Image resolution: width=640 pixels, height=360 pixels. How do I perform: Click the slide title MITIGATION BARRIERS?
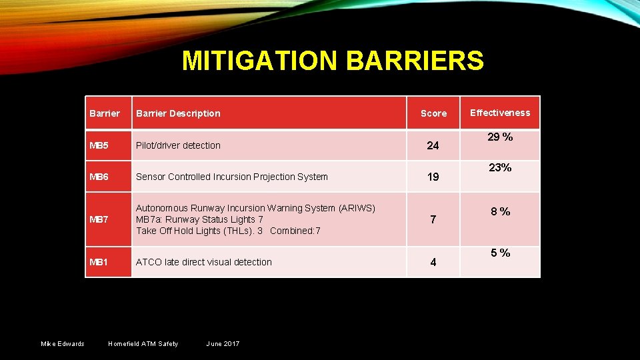(333, 61)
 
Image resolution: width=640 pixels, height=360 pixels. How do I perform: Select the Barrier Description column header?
(178, 113)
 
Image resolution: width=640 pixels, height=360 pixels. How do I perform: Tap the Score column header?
(433, 113)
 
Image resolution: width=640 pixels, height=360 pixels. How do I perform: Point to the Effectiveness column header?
(500, 113)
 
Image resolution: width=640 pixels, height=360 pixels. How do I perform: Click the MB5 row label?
(100, 145)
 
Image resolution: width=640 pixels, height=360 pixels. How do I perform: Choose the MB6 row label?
(100, 177)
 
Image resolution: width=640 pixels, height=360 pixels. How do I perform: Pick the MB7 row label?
(100, 219)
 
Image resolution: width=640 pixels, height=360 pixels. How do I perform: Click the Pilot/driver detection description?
(178, 145)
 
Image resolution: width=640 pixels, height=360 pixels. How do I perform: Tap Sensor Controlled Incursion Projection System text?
(232, 177)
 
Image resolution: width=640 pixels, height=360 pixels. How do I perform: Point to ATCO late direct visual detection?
(204, 262)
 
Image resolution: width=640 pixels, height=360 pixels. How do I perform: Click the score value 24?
(433, 145)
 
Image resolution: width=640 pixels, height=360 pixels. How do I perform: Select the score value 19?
(433, 177)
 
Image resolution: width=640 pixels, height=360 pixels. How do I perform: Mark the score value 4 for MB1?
(433, 263)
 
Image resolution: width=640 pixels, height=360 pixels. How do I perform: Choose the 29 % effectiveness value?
(500, 137)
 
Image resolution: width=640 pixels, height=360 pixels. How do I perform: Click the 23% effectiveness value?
(500, 168)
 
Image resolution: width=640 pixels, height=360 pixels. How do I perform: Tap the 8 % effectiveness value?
(501, 211)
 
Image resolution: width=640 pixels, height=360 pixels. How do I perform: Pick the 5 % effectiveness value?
(501, 253)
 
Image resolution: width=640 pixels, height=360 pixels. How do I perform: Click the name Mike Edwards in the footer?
(63, 343)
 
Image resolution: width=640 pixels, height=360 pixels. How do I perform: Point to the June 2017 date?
(223, 343)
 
